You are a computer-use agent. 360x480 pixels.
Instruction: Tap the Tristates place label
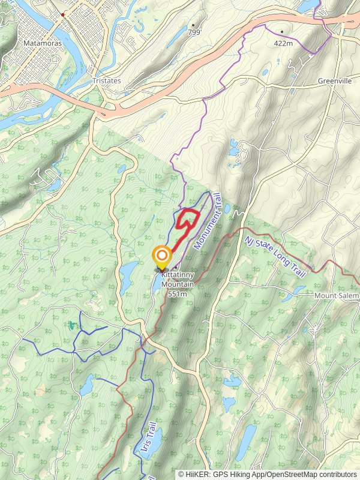107,81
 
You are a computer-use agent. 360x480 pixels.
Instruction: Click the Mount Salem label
336,296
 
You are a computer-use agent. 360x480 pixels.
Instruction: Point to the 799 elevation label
194,32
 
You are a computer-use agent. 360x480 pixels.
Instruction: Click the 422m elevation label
282,43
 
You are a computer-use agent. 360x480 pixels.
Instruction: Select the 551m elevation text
178,294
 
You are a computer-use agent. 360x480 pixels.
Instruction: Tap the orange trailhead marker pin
161,257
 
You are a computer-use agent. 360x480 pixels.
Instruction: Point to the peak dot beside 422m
281,31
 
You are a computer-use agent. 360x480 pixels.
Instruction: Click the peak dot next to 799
193,25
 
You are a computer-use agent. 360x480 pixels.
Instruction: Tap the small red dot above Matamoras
62,14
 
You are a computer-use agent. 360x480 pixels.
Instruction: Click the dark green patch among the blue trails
73,325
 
